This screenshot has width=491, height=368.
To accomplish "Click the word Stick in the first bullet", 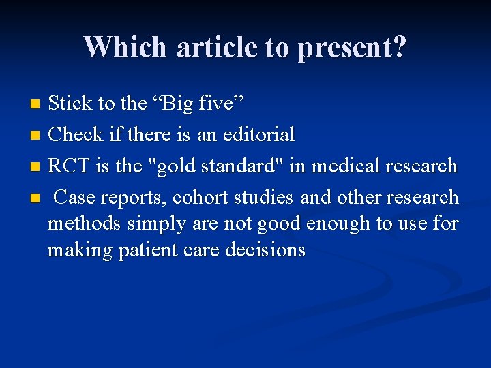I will coord(71,104).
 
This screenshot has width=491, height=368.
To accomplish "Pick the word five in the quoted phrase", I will coord(218,104).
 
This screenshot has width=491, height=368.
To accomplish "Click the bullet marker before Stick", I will coord(37,104).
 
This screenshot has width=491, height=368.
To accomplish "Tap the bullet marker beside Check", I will coord(37,136).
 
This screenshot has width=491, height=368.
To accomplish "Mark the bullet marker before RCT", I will coord(37,167).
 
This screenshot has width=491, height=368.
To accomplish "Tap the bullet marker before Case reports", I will coord(37,198).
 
